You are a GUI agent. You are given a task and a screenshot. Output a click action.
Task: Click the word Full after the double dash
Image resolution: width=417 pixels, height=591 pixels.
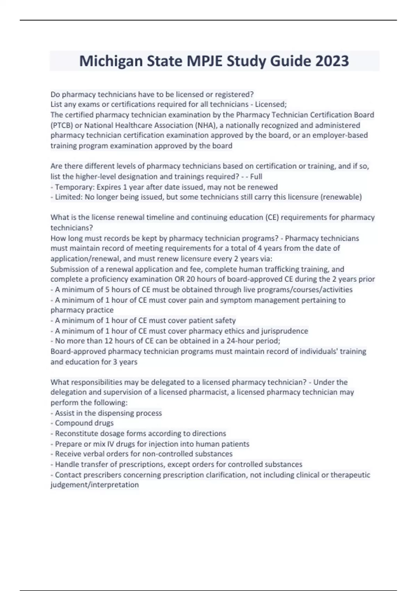[x=256, y=177]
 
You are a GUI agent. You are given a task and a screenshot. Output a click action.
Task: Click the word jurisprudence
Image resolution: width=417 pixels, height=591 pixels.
[x=285, y=331]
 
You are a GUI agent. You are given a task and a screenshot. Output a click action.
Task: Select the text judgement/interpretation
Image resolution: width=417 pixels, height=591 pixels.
[x=95, y=485]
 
